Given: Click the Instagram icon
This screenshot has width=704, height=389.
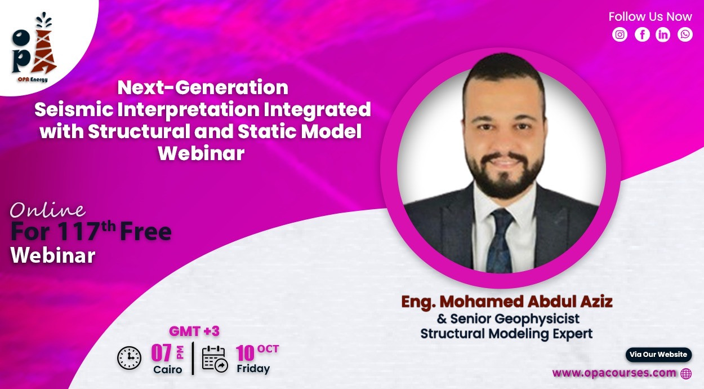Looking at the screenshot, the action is tap(620, 34).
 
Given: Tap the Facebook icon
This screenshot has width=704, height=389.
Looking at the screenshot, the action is tap(642, 34).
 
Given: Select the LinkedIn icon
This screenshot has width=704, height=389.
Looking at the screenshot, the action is tap(662, 34).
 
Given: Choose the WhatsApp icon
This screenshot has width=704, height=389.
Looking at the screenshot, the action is tap(685, 34).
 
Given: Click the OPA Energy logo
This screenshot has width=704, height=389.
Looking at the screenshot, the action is tap(34, 47).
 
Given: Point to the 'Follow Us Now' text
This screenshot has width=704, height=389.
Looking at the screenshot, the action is tap(650, 17).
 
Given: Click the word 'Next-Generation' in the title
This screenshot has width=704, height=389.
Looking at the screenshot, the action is tap(203, 87).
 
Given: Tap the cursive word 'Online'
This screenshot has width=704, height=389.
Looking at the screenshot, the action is tap(48, 210).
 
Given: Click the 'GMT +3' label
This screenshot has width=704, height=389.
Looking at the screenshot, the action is tap(194, 331).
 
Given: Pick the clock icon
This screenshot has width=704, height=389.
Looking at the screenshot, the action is tap(129, 358).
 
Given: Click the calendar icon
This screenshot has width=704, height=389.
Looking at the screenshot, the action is tap(215, 360).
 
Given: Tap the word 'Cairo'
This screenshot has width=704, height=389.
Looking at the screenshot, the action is tap(167, 369).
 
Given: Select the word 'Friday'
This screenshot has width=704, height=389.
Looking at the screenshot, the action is tap(253, 369).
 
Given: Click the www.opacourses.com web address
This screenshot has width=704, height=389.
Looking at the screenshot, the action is tap(614, 373).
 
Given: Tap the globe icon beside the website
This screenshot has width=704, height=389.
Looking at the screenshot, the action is tap(686, 374).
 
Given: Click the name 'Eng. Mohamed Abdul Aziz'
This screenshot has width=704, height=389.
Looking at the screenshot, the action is tap(507, 302).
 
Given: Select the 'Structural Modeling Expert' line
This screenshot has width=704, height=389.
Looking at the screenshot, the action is tap(506, 334).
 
